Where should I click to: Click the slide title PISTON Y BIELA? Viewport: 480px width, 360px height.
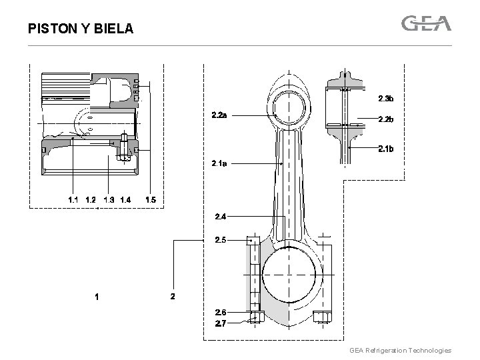click(x=81, y=29)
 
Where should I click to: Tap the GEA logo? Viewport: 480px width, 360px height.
click(x=426, y=24)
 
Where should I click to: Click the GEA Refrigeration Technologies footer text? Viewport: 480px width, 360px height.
click(x=400, y=350)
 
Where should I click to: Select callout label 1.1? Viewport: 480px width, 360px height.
click(x=73, y=199)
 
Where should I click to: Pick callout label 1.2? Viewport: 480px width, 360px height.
click(x=91, y=199)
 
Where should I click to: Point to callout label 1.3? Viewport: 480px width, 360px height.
click(x=109, y=199)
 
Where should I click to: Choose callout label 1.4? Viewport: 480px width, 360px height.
click(x=125, y=199)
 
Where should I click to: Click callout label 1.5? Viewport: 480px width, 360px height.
click(x=151, y=199)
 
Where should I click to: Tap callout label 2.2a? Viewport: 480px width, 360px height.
click(x=219, y=115)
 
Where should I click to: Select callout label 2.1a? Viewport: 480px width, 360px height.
click(x=219, y=163)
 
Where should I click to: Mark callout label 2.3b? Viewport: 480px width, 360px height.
click(x=386, y=99)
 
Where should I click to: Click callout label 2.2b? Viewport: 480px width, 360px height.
click(x=386, y=120)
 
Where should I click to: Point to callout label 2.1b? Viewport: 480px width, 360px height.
click(x=386, y=149)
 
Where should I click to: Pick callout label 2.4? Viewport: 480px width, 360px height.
click(x=221, y=216)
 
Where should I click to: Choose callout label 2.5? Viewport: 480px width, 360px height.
click(x=221, y=239)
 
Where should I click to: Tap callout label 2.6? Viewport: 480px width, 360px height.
click(x=221, y=312)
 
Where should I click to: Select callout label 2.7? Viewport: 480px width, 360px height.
click(x=221, y=323)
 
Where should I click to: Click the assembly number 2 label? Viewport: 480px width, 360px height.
click(x=173, y=296)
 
